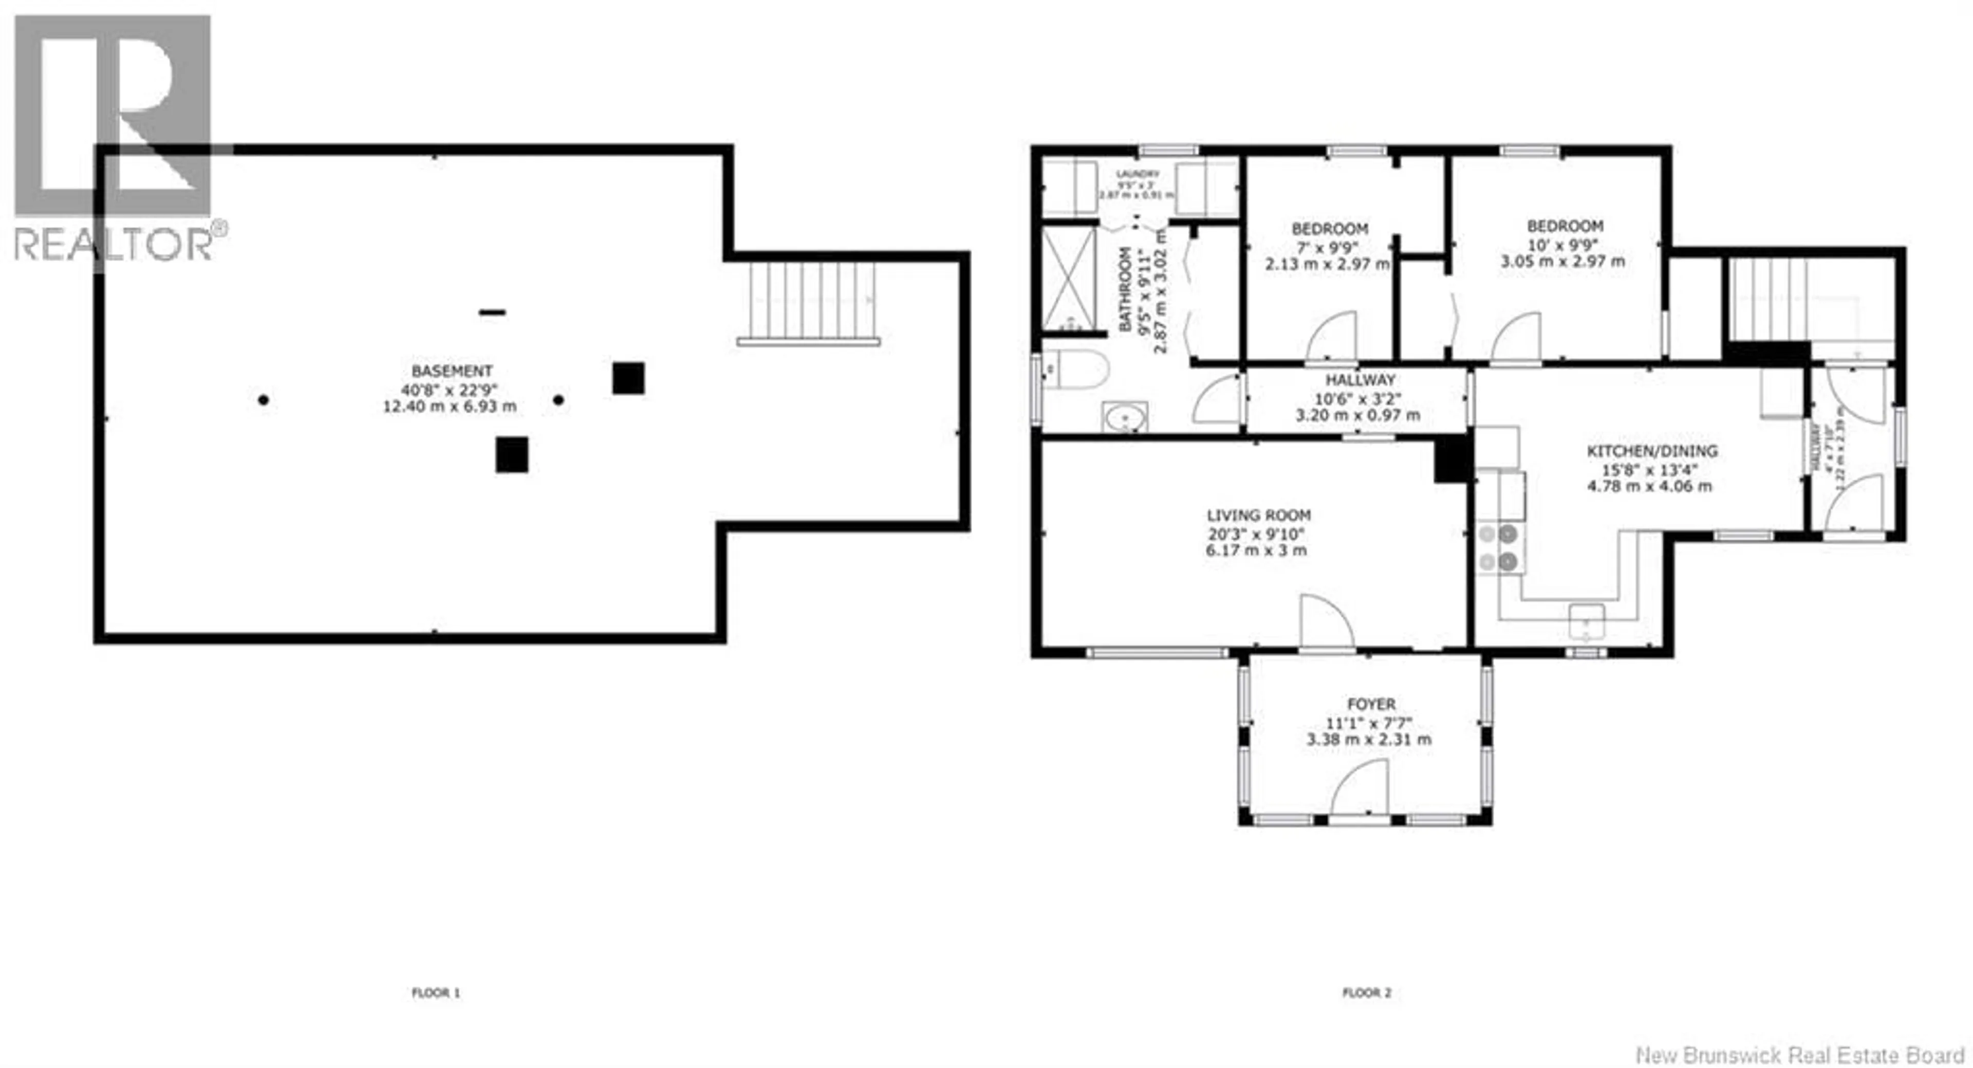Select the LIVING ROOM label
(1258, 515)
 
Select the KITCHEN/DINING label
(1651, 451)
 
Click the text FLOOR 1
(436, 993)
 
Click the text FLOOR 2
(1366, 993)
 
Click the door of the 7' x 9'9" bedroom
(1333, 337)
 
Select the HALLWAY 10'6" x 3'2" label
(1360, 380)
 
